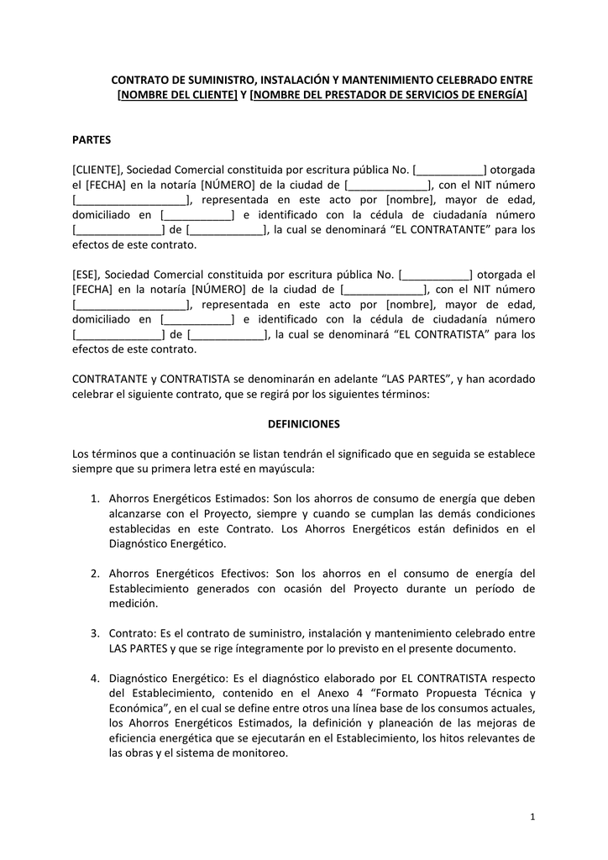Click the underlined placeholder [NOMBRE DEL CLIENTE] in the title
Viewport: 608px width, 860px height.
pos(177,95)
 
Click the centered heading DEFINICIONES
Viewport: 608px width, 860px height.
pos(303,424)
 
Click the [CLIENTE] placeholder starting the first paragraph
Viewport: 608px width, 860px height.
pos(97,169)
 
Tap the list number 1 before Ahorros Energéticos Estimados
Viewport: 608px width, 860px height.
pos(95,499)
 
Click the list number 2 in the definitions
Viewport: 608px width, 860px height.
pos(95,574)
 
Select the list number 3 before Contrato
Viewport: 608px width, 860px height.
pos(95,633)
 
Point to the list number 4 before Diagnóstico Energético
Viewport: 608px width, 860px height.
pos(95,678)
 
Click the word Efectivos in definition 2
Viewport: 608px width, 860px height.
pos(243,574)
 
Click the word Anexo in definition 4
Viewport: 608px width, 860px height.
pos(332,693)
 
